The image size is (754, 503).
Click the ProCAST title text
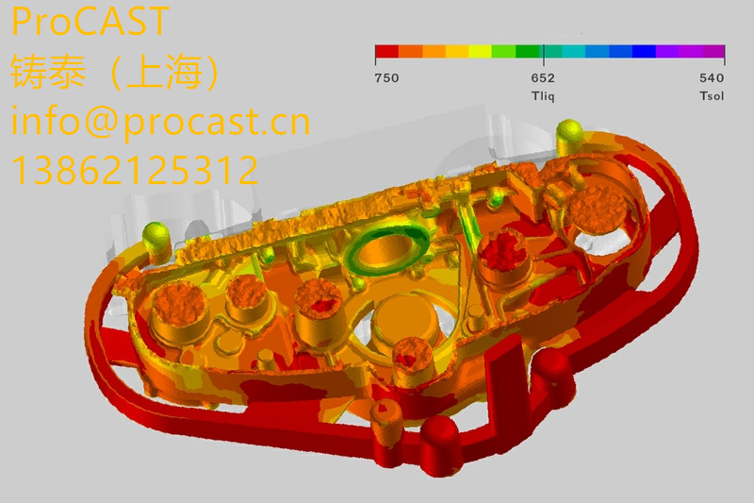[90, 21]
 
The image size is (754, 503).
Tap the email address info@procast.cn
[160, 122]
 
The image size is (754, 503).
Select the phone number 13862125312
[135, 170]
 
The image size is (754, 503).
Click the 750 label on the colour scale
[386, 78]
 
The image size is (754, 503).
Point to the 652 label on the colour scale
[543, 78]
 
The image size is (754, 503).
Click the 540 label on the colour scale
[712, 78]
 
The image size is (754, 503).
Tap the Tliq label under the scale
[543, 95]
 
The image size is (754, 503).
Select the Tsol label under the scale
[712, 95]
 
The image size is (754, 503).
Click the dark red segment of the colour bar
[387, 51]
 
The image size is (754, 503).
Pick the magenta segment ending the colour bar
[713, 51]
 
